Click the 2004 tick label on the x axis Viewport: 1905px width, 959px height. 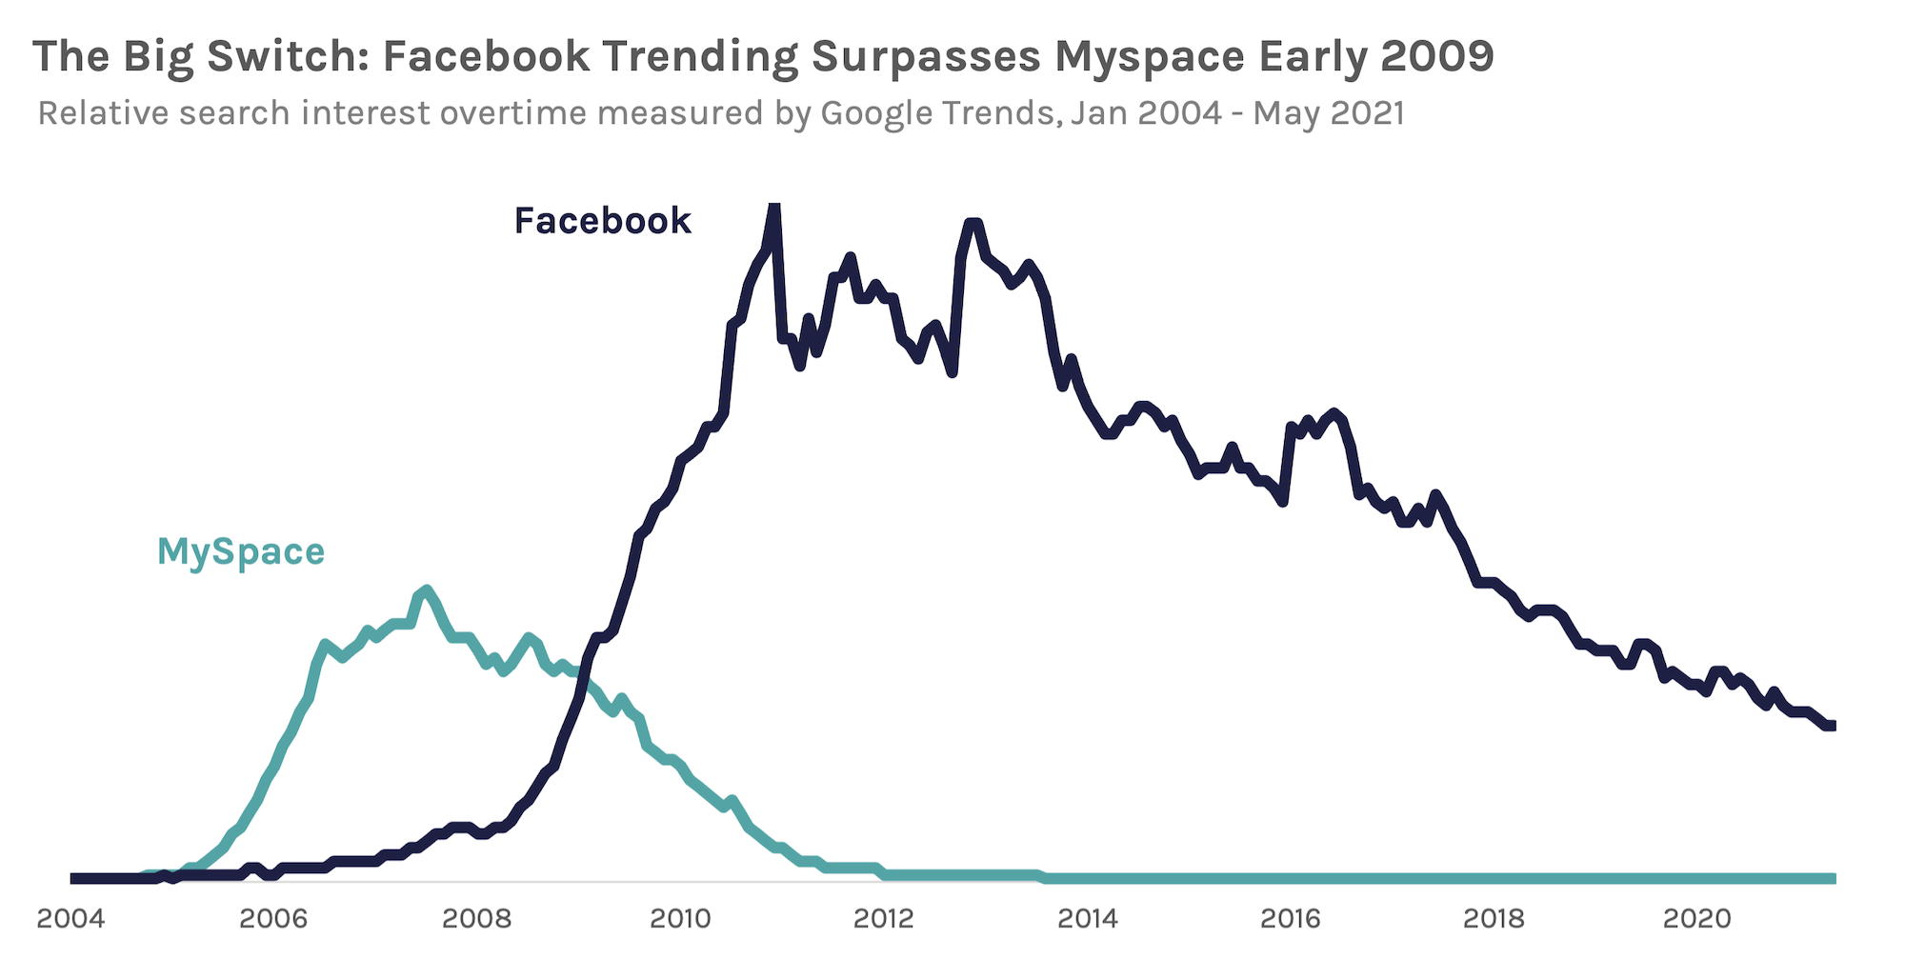click(x=70, y=918)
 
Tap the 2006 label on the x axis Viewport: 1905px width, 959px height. click(x=273, y=918)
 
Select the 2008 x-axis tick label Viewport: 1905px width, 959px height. click(x=476, y=918)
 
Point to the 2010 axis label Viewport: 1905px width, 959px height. click(x=680, y=918)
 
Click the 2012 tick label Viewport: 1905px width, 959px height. click(x=883, y=918)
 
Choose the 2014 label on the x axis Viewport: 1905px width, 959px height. click(x=1087, y=918)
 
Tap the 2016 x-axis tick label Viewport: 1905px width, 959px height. click(x=1291, y=918)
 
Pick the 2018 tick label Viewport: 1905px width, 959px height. click(x=1494, y=918)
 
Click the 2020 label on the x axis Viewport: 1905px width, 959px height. click(x=1696, y=918)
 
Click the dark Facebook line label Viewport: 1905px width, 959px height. click(x=602, y=221)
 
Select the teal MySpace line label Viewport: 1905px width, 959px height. click(x=241, y=552)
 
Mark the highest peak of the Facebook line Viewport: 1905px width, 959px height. click(x=774, y=207)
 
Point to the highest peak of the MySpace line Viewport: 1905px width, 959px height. click(x=426, y=590)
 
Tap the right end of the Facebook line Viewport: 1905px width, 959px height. click(x=1832, y=726)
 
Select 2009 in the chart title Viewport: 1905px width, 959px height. click(x=1436, y=57)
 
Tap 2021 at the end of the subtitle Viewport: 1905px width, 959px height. click(x=1366, y=113)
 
